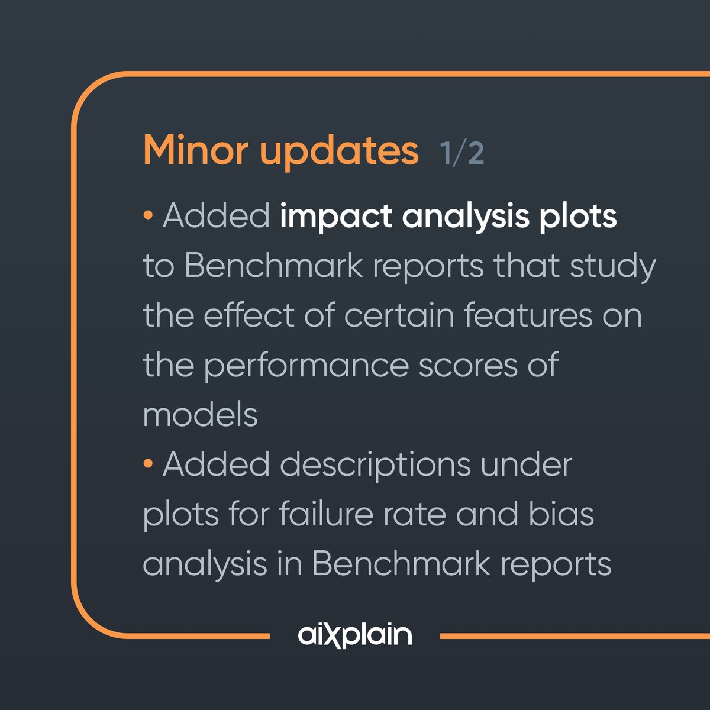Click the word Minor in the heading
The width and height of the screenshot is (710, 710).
coord(196,150)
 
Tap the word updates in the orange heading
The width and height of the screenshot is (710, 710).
coord(339,151)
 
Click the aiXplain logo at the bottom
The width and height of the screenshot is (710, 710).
coord(355,635)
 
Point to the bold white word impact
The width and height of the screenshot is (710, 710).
coord(336,217)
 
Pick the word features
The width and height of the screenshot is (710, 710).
coord(528,315)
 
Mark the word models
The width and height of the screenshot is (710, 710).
coord(200,415)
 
